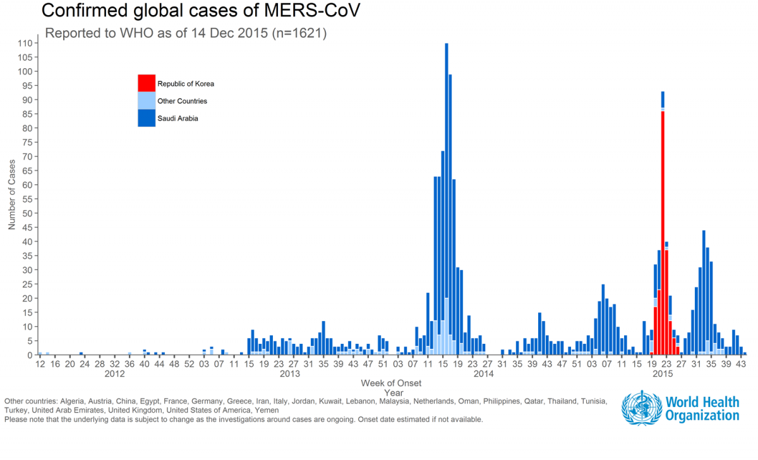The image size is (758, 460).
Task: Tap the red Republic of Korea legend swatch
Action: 147,83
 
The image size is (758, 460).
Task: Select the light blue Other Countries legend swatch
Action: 147,100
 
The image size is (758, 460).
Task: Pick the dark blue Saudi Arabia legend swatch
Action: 147,118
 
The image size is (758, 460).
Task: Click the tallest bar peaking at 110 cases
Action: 447,189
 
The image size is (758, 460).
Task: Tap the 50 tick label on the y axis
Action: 28,213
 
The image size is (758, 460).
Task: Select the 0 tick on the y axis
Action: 30,355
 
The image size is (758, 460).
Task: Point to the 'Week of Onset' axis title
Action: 391,383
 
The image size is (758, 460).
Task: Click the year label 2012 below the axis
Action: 114,374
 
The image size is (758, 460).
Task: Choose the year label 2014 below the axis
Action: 484,374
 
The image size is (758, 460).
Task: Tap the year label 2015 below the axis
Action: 663,374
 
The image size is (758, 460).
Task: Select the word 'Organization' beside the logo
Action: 702,416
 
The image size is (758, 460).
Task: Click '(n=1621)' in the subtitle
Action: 299,33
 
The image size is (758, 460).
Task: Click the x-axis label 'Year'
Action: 391,392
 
